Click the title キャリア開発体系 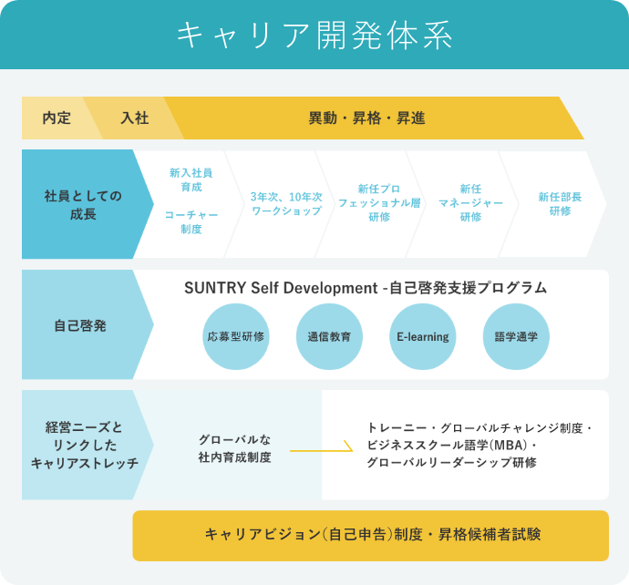[x=314, y=36]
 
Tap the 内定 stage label [x=57, y=118]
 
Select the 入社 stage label [x=135, y=118]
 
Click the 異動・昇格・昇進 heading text [x=366, y=118]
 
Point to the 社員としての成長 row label [x=83, y=205]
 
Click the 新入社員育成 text [x=191, y=180]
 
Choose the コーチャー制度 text [x=191, y=221]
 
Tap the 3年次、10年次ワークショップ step [x=286, y=204]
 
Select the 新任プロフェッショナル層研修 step [x=379, y=203]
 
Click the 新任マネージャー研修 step [x=470, y=203]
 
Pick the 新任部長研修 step [x=560, y=204]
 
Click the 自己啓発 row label [x=80, y=325]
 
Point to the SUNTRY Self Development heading [x=366, y=288]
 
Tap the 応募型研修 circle [x=236, y=336]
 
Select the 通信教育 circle [x=329, y=336]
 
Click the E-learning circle [x=423, y=336]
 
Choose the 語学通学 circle [x=516, y=336]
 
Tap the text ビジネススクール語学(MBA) [x=448, y=445]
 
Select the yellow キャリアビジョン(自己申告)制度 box [x=371, y=536]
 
